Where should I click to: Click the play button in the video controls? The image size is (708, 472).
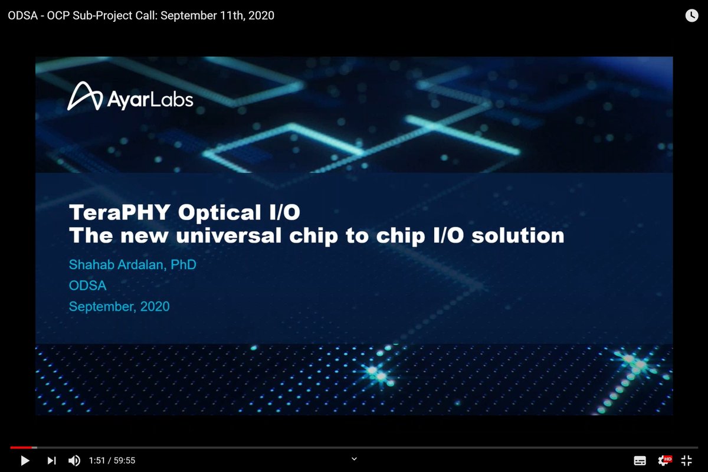[x=25, y=460]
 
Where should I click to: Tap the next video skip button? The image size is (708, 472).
[x=51, y=460]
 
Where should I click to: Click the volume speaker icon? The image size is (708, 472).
[x=74, y=460]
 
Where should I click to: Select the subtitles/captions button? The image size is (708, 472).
[x=640, y=460]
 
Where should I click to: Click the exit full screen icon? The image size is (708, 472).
[x=686, y=460]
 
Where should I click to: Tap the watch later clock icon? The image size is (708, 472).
[x=691, y=16]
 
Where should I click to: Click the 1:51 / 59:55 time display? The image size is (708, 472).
[x=112, y=460]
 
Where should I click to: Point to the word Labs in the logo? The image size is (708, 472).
[x=171, y=100]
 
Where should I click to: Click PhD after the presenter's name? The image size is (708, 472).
[x=183, y=265]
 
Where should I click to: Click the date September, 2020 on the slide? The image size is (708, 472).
[x=119, y=306]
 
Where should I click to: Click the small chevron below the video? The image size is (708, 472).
[x=354, y=458]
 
